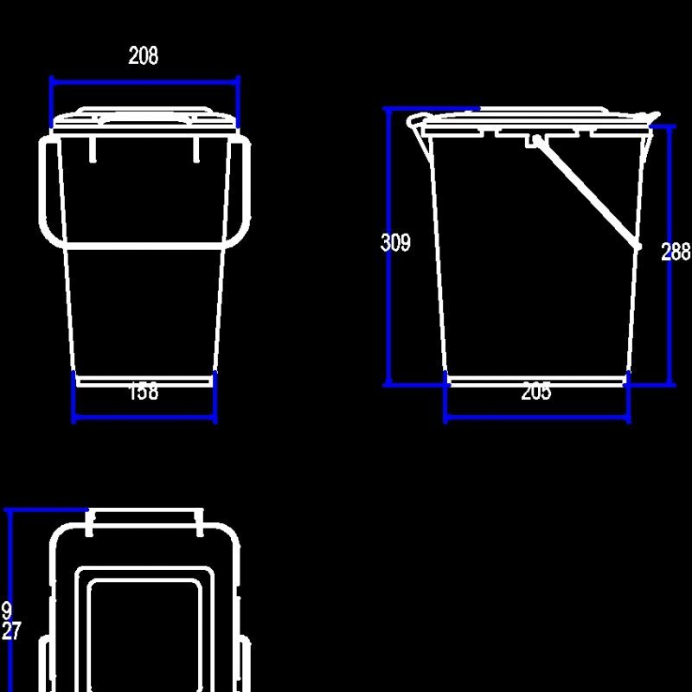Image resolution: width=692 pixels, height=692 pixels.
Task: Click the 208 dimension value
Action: tap(144, 56)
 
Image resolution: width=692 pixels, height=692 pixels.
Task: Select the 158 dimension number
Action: tap(144, 392)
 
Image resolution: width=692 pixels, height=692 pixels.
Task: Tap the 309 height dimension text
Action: tap(395, 243)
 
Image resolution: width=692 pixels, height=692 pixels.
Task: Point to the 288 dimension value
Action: tap(676, 252)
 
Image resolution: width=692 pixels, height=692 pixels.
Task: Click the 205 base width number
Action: tap(536, 392)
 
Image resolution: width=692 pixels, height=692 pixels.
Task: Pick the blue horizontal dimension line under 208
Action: tap(144, 81)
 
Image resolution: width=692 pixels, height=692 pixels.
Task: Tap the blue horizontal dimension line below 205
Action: tap(536, 418)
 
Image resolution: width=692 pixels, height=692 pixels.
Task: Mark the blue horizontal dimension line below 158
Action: tap(144, 419)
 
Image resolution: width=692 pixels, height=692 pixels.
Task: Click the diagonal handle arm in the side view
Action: tap(586, 192)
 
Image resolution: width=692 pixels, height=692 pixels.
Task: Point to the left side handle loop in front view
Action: tap(49, 190)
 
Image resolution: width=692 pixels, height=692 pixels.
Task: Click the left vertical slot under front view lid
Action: tap(92, 148)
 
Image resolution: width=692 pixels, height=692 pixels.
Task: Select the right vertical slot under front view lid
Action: tap(196, 148)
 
